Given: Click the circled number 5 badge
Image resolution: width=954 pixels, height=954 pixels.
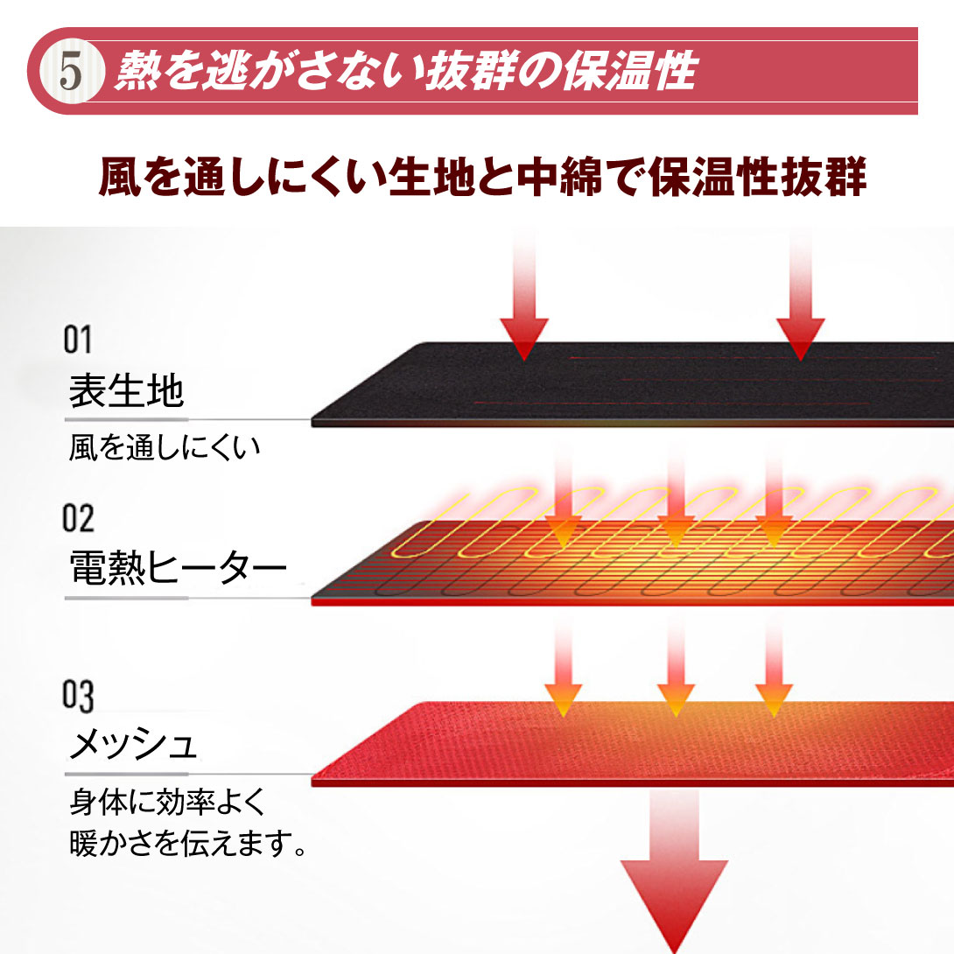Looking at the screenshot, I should [x=70, y=72].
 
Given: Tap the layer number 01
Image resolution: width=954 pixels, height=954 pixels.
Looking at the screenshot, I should [x=78, y=340].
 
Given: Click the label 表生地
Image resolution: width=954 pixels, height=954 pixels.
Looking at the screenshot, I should [x=126, y=392].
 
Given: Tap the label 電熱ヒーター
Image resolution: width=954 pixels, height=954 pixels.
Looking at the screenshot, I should [x=177, y=570].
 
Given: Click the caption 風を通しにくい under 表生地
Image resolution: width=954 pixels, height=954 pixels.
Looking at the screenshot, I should [x=164, y=449].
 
